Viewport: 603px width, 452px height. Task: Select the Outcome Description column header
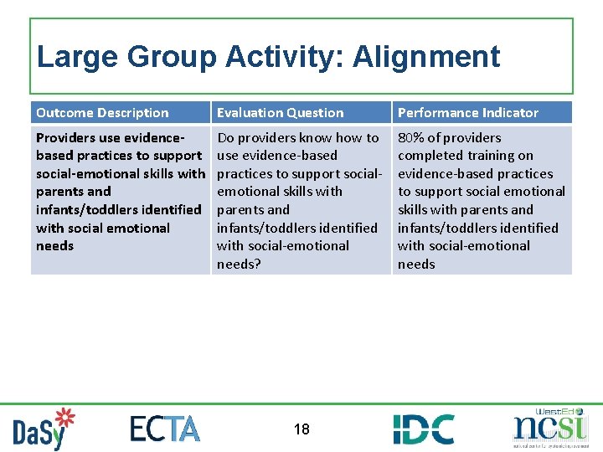coord(102,113)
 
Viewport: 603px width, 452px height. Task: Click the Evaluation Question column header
coord(280,113)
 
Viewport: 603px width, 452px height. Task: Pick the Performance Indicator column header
coord(467,113)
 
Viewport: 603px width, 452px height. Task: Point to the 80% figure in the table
coord(410,138)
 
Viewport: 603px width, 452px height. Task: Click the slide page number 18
coord(301,429)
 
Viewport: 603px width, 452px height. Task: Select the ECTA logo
coord(165,429)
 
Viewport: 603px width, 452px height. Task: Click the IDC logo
coord(424,429)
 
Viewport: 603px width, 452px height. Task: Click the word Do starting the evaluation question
coord(225,138)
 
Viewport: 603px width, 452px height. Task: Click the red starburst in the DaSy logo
coord(64,418)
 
